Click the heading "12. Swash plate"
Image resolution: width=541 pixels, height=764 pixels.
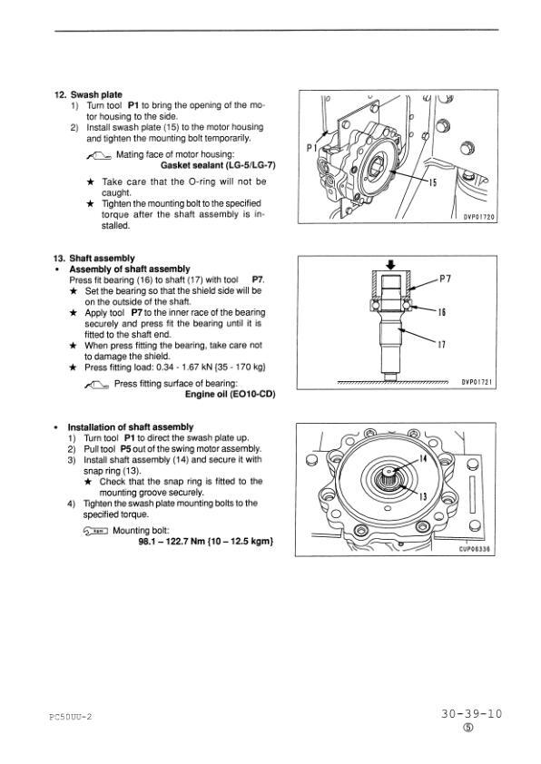click(88, 94)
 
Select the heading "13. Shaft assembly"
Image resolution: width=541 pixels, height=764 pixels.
click(94, 259)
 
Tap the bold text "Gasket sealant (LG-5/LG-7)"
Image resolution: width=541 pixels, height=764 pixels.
click(218, 165)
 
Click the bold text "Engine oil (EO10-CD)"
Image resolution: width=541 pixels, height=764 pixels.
click(230, 394)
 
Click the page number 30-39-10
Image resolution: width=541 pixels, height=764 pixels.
click(471, 714)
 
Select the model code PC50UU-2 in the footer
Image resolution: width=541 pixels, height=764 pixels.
click(71, 716)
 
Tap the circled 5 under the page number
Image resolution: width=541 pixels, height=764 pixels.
click(468, 728)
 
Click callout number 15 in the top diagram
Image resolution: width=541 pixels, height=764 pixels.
click(433, 182)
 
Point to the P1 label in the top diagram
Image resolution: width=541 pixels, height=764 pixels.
click(312, 148)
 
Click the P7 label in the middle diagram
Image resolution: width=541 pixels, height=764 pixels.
click(445, 279)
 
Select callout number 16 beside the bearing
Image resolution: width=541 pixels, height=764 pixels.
click(441, 312)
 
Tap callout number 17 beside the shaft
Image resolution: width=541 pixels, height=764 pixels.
click(441, 345)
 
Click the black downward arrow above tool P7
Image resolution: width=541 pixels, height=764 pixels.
click(390, 264)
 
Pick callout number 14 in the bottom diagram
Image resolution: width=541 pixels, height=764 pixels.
click(423, 459)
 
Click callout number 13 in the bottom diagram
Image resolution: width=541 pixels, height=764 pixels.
click(423, 496)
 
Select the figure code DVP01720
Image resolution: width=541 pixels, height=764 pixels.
click(478, 217)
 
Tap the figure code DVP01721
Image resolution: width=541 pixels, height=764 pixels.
click(478, 383)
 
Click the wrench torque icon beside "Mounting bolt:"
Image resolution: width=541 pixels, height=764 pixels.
click(95, 531)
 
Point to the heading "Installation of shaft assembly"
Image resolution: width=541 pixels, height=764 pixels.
click(131, 427)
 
